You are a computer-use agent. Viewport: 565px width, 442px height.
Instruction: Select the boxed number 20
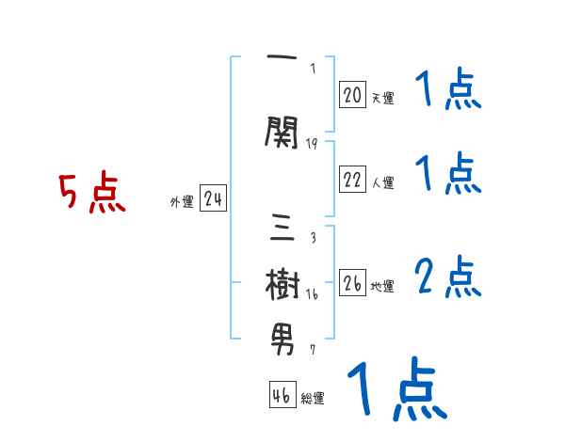point(352,94)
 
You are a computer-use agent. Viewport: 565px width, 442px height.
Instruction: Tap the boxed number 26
point(352,284)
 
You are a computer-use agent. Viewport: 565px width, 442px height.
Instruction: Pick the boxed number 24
point(213,199)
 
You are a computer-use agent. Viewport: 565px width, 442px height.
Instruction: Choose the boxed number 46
point(282,395)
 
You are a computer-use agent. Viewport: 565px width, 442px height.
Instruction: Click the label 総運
point(313,399)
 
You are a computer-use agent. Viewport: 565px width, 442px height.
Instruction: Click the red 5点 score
point(91,194)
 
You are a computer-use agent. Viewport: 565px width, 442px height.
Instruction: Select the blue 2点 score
point(446,275)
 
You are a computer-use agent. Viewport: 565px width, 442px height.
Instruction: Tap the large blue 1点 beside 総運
point(395,388)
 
